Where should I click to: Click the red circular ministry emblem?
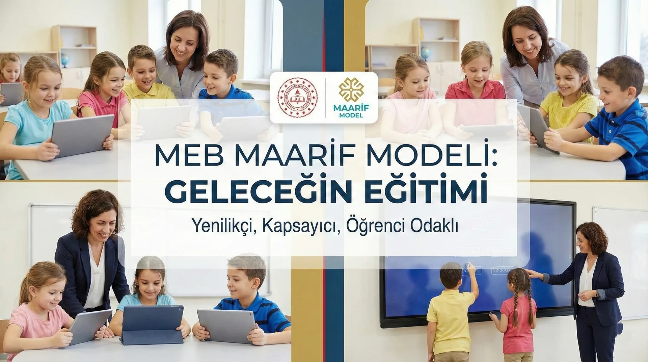(x=298, y=97)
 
